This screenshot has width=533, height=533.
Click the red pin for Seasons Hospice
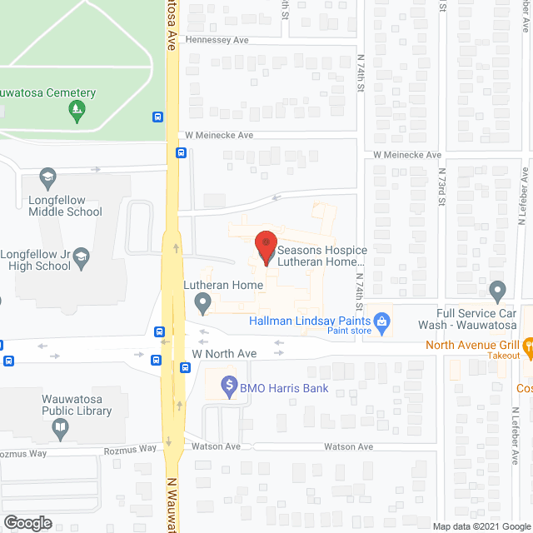(x=266, y=247)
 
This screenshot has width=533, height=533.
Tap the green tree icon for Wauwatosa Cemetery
(x=77, y=111)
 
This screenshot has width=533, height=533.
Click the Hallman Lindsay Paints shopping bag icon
(x=383, y=321)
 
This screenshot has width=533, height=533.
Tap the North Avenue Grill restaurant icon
(x=528, y=345)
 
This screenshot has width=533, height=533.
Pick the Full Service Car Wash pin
(x=498, y=292)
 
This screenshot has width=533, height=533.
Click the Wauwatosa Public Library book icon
(x=60, y=430)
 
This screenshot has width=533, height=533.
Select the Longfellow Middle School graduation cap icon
(x=48, y=179)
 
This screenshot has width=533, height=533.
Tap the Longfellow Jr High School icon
(x=81, y=258)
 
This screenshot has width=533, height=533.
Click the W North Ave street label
(x=224, y=354)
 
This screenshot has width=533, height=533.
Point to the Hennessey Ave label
(x=217, y=40)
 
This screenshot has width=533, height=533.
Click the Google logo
(x=27, y=522)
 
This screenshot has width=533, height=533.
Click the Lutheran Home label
(x=223, y=286)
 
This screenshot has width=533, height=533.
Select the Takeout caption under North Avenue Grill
(x=505, y=356)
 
